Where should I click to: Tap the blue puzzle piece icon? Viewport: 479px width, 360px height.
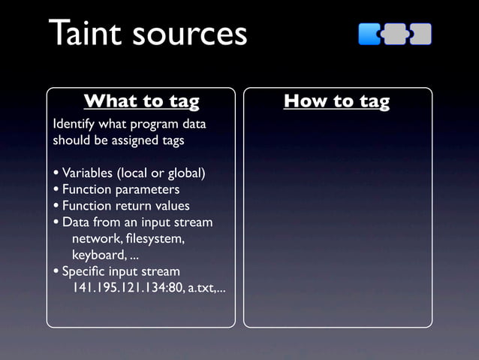coord(369,34)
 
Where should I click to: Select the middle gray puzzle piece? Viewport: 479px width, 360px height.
coord(395,34)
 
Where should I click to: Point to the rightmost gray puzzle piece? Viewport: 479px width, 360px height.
coord(421,34)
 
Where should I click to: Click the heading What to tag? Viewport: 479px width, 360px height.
coord(141,101)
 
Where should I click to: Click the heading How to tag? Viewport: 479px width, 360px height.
coord(336,101)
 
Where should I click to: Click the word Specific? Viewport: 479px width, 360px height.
coord(85,271)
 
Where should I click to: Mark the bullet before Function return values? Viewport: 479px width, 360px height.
coord(56,206)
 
